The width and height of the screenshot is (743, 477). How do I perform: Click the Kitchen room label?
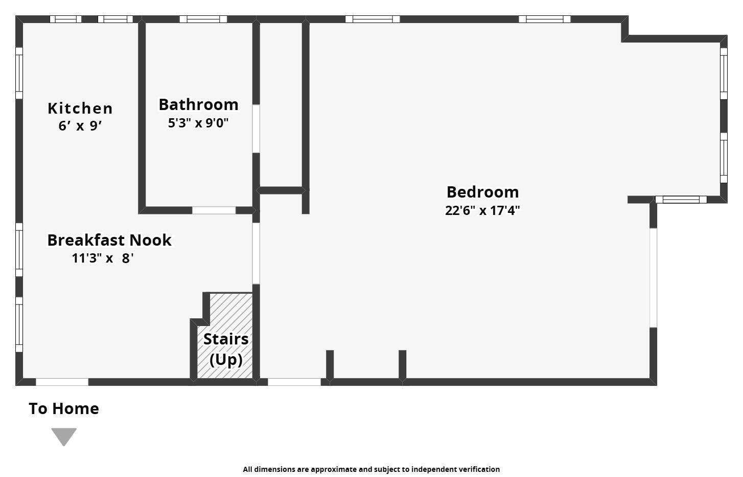pyautogui.click(x=80, y=108)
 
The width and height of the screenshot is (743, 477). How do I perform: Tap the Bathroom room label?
pyautogui.click(x=198, y=104)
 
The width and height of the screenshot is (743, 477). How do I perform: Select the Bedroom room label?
pyautogui.click(x=482, y=192)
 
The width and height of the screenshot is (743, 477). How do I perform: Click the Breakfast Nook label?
pyautogui.click(x=109, y=240)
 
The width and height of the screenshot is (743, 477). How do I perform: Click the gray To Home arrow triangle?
pyautogui.click(x=64, y=436)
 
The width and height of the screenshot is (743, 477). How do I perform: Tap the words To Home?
pyautogui.click(x=64, y=408)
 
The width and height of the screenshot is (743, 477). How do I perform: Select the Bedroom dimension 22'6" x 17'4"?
pyautogui.click(x=482, y=210)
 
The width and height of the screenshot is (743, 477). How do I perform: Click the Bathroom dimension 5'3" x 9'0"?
pyautogui.click(x=198, y=123)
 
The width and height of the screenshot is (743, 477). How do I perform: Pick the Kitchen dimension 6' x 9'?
pyautogui.click(x=80, y=126)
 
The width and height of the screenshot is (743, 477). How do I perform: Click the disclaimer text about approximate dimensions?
pyautogui.click(x=371, y=469)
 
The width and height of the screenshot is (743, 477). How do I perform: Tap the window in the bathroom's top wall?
pyautogui.click(x=203, y=19)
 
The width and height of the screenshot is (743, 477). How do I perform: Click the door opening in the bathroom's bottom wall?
pyautogui.click(x=214, y=210)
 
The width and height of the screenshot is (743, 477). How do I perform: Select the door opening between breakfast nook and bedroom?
pyautogui.click(x=256, y=253)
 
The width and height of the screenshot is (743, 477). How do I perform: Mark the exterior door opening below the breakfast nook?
pyautogui.click(x=62, y=382)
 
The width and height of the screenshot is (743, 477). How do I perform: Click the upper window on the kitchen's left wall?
pyautogui.click(x=19, y=73)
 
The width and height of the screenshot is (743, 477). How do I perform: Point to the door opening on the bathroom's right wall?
pyautogui.click(x=256, y=128)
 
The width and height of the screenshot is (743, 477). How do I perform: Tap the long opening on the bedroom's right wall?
pyautogui.click(x=653, y=277)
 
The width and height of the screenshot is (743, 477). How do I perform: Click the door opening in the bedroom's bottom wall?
pyautogui.click(x=294, y=382)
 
